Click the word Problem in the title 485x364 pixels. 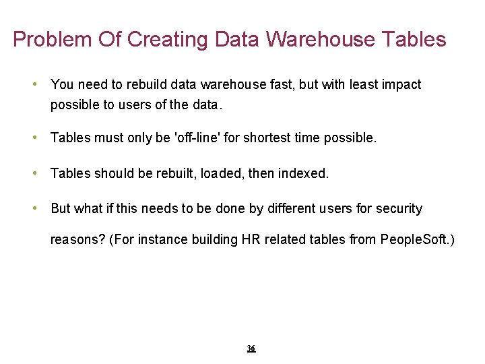coord(51,40)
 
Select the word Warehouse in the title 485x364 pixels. coord(321,40)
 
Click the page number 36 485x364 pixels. coord(251,348)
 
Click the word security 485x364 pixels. coord(399,209)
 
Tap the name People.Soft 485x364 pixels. coord(416,239)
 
